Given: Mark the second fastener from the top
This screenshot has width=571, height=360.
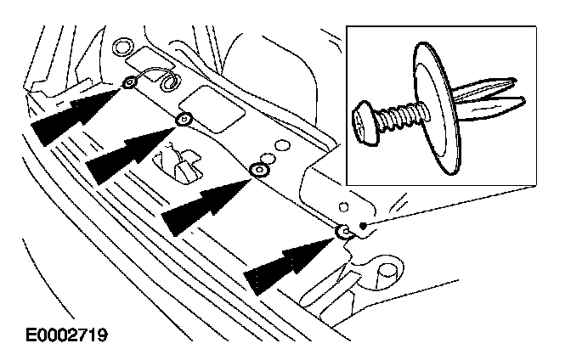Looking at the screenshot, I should pos(183,121).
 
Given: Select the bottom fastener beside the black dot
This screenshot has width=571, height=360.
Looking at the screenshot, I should pos(344,232).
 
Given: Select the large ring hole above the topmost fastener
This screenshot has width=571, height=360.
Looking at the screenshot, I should pos(122,47).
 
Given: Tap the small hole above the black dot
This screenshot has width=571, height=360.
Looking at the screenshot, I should pos(343,206).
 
